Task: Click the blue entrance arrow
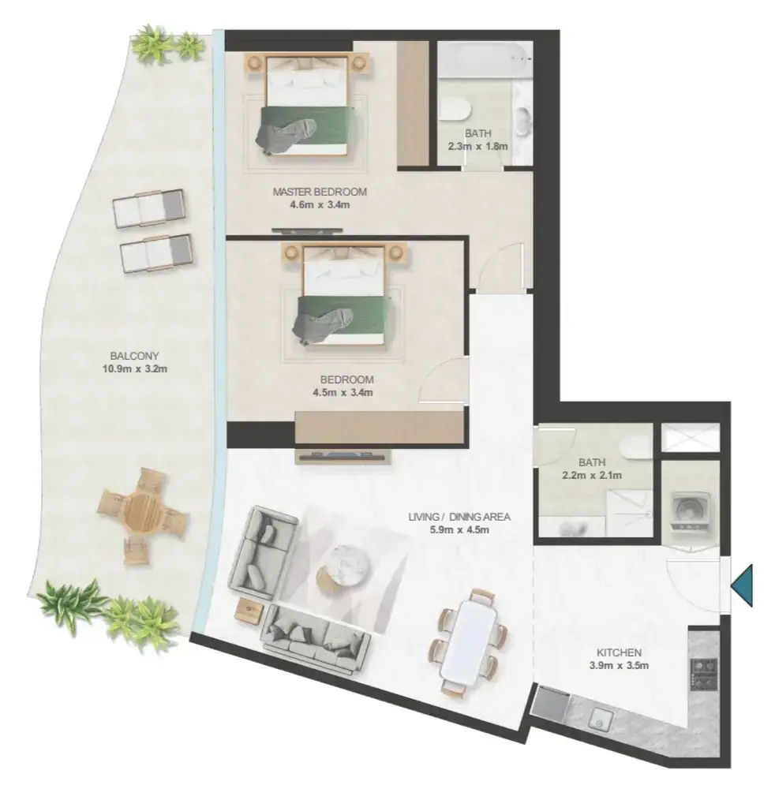tap(743, 585)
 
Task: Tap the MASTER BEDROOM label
tap(320, 193)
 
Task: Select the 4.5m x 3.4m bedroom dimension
tap(343, 393)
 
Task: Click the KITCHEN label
tap(619, 652)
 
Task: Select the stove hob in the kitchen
tap(704, 674)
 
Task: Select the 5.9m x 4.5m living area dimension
tap(459, 529)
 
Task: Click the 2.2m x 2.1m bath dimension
tap(592, 476)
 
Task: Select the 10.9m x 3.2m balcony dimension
tap(135, 369)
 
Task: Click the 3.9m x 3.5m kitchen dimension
tap(619, 665)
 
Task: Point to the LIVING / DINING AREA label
tap(459, 517)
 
